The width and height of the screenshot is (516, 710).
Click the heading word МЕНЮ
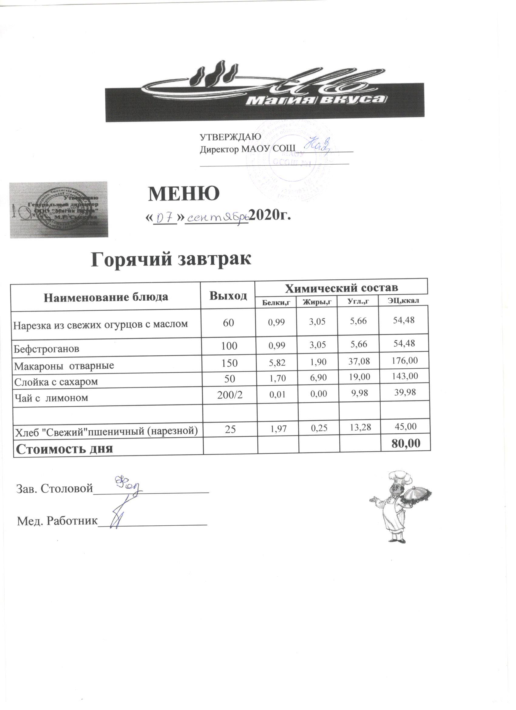pyautogui.click(x=184, y=194)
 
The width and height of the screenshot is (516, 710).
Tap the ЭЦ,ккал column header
pyautogui.click(x=403, y=301)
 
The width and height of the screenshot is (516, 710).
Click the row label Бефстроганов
pyautogui.click(x=46, y=349)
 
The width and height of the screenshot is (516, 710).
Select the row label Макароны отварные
pyautogui.click(x=64, y=365)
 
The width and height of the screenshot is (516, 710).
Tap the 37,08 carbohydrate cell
pyautogui.click(x=359, y=362)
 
